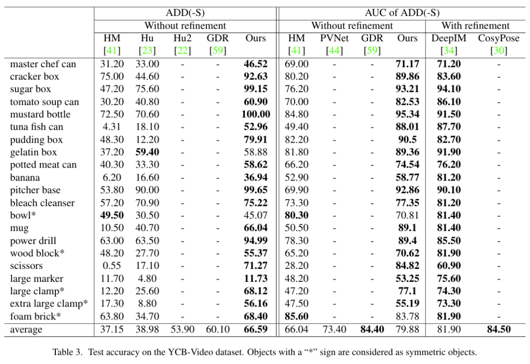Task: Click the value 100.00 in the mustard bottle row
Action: point(255,114)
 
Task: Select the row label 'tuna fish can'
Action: point(37,127)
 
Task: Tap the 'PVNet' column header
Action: point(334,38)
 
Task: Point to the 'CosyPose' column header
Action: point(498,38)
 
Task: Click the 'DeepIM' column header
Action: point(449,38)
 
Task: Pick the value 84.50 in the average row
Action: point(498,329)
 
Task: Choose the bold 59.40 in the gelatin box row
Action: point(148,152)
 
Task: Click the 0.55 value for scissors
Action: point(111,266)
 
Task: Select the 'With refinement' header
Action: point(475,25)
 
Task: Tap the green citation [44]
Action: point(334,51)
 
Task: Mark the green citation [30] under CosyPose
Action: point(498,51)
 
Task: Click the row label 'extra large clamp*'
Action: point(49,304)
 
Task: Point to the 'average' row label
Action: point(26,329)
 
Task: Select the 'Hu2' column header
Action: point(183,38)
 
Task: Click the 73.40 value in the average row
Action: point(334,329)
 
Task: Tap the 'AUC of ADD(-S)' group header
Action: point(402,13)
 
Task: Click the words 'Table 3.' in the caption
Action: point(67,353)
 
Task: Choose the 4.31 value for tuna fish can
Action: point(111,127)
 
